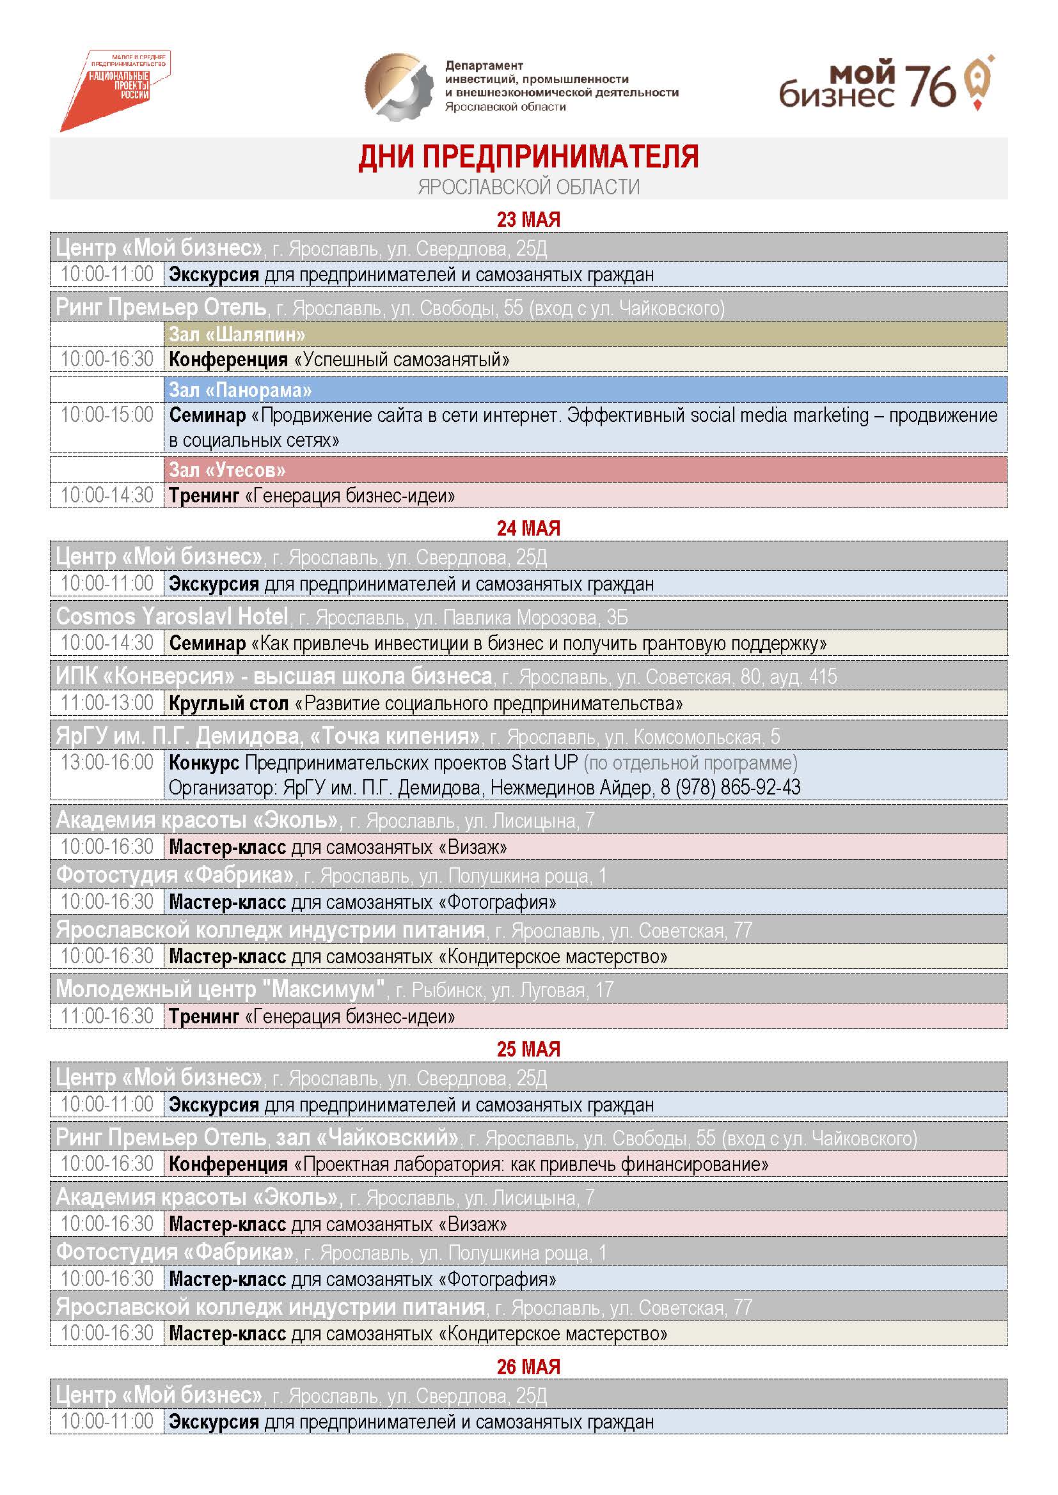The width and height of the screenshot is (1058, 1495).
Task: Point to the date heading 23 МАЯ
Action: tap(528, 219)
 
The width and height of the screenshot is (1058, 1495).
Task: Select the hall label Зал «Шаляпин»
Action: tap(237, 335)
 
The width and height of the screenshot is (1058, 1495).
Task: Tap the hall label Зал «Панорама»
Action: tap(241, 390)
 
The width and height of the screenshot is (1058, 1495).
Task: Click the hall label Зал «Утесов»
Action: tap(227, 470)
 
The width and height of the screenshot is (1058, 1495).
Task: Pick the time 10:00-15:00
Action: tap(107, 415)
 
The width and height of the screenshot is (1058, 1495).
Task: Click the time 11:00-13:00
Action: tap(107, 703)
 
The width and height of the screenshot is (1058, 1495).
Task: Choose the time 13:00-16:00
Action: tap(107, 763)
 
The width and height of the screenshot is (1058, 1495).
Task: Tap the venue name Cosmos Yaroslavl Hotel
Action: tap(172, 616)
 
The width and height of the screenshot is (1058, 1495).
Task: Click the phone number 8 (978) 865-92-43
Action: tap(730, 788)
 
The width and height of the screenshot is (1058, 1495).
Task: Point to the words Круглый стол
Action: tap(228, 704)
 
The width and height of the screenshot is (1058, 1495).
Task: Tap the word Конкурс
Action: tap(204, 763)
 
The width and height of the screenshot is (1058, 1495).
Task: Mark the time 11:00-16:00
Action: tap(107, 1016)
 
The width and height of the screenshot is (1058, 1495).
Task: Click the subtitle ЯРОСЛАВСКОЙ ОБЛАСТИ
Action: tap(528, 187)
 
